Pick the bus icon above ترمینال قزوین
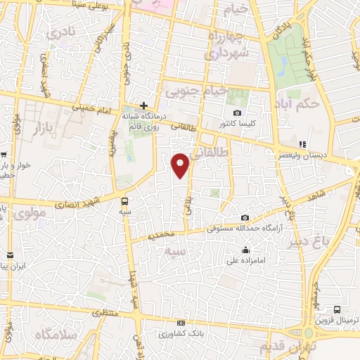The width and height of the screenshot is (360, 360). click(337, 309)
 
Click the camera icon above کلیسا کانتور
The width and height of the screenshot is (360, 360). click(238, 113)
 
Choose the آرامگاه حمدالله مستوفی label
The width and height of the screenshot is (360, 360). click(242, 228)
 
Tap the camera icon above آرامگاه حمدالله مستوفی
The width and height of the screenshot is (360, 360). click(244, 218)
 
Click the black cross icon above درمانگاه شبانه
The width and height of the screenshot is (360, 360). click(144, 105)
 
